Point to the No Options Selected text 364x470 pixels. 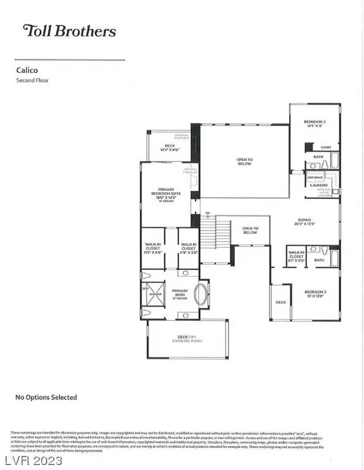pos(46,397)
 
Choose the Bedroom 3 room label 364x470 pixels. pos(315,294)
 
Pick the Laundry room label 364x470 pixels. pos(319,185)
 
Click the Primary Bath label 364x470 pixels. pos(180,293)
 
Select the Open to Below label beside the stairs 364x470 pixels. pos(250,230)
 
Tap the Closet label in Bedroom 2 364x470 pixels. pos(325,147)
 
